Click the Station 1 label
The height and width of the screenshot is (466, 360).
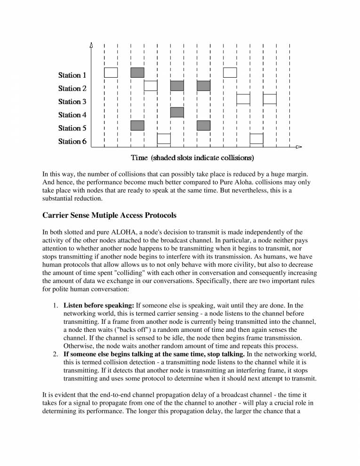pyautogui.click(x=72, y=75)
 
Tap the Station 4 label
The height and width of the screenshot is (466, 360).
pyautogui.click(x=72, y=115)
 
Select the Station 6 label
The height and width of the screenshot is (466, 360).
pyautogui.click(x=72, y=141)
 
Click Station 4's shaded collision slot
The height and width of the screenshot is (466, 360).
pyautogui.click(x=177, y=112)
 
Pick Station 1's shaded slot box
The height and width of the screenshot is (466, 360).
pyautogui.click(x=137, y=72)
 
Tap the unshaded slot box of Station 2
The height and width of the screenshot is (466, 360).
pyautogui.click(x=151, y=86)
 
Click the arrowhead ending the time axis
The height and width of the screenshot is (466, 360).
pyautogui.click(x=298, y=147)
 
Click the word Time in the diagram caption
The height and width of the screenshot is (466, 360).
pyautogui.click(x=140, y=156)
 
